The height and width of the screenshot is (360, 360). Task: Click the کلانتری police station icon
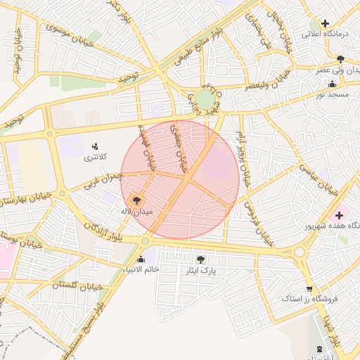click(x=94, y=146)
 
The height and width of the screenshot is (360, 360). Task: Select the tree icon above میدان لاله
click(x=136, y=200)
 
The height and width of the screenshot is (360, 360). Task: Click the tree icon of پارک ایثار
click(x=200, y=259)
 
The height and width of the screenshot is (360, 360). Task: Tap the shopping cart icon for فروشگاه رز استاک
click(x=309, y=289)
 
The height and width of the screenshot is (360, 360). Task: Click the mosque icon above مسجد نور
click(x=333, y=84)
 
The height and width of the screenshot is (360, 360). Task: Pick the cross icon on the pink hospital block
click(x=340, y=215)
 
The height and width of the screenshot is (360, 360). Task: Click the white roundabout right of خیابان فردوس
click(x=300, y=251)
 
